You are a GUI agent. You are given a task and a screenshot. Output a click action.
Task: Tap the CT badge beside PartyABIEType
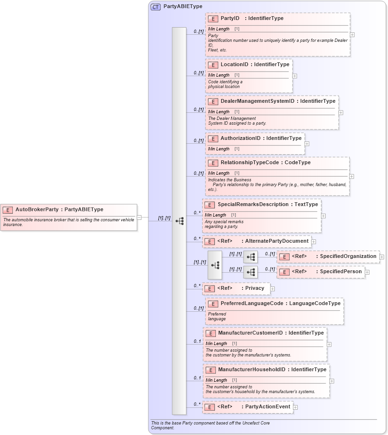tap(155, 7)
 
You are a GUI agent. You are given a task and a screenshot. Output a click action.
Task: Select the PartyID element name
tap(230, 19)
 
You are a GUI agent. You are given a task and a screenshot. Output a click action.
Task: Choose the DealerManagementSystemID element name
tap(257, 101)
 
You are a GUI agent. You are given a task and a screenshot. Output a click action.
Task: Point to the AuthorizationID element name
tap(240, 138)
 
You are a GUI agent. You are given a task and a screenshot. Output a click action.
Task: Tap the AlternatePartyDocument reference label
tap(276, 241)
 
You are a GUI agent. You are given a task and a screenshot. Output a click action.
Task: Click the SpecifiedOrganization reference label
tap(348, 257)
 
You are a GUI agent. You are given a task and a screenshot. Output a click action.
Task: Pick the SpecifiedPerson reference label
tap(340, 272)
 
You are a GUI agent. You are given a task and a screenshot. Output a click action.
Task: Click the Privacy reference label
tap(254, 288)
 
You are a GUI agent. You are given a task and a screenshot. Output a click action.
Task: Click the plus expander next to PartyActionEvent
tap(295, 407)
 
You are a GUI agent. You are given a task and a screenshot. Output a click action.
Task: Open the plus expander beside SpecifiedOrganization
tap(382, 257)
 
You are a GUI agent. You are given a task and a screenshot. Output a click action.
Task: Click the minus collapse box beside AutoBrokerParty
tap(139, 217)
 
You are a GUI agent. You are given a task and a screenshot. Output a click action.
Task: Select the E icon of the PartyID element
tap(213, 19)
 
